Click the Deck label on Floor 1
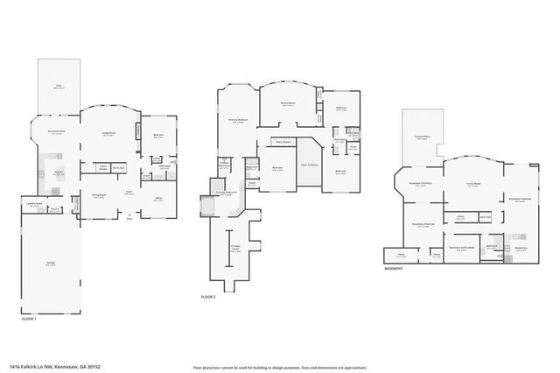[58, 85]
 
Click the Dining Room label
[99, 195]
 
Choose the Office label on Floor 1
[159, 199]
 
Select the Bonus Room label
[288, 103]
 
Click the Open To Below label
[309, 164]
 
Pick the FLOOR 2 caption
[208, 298]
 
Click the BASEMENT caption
[393, 269]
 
